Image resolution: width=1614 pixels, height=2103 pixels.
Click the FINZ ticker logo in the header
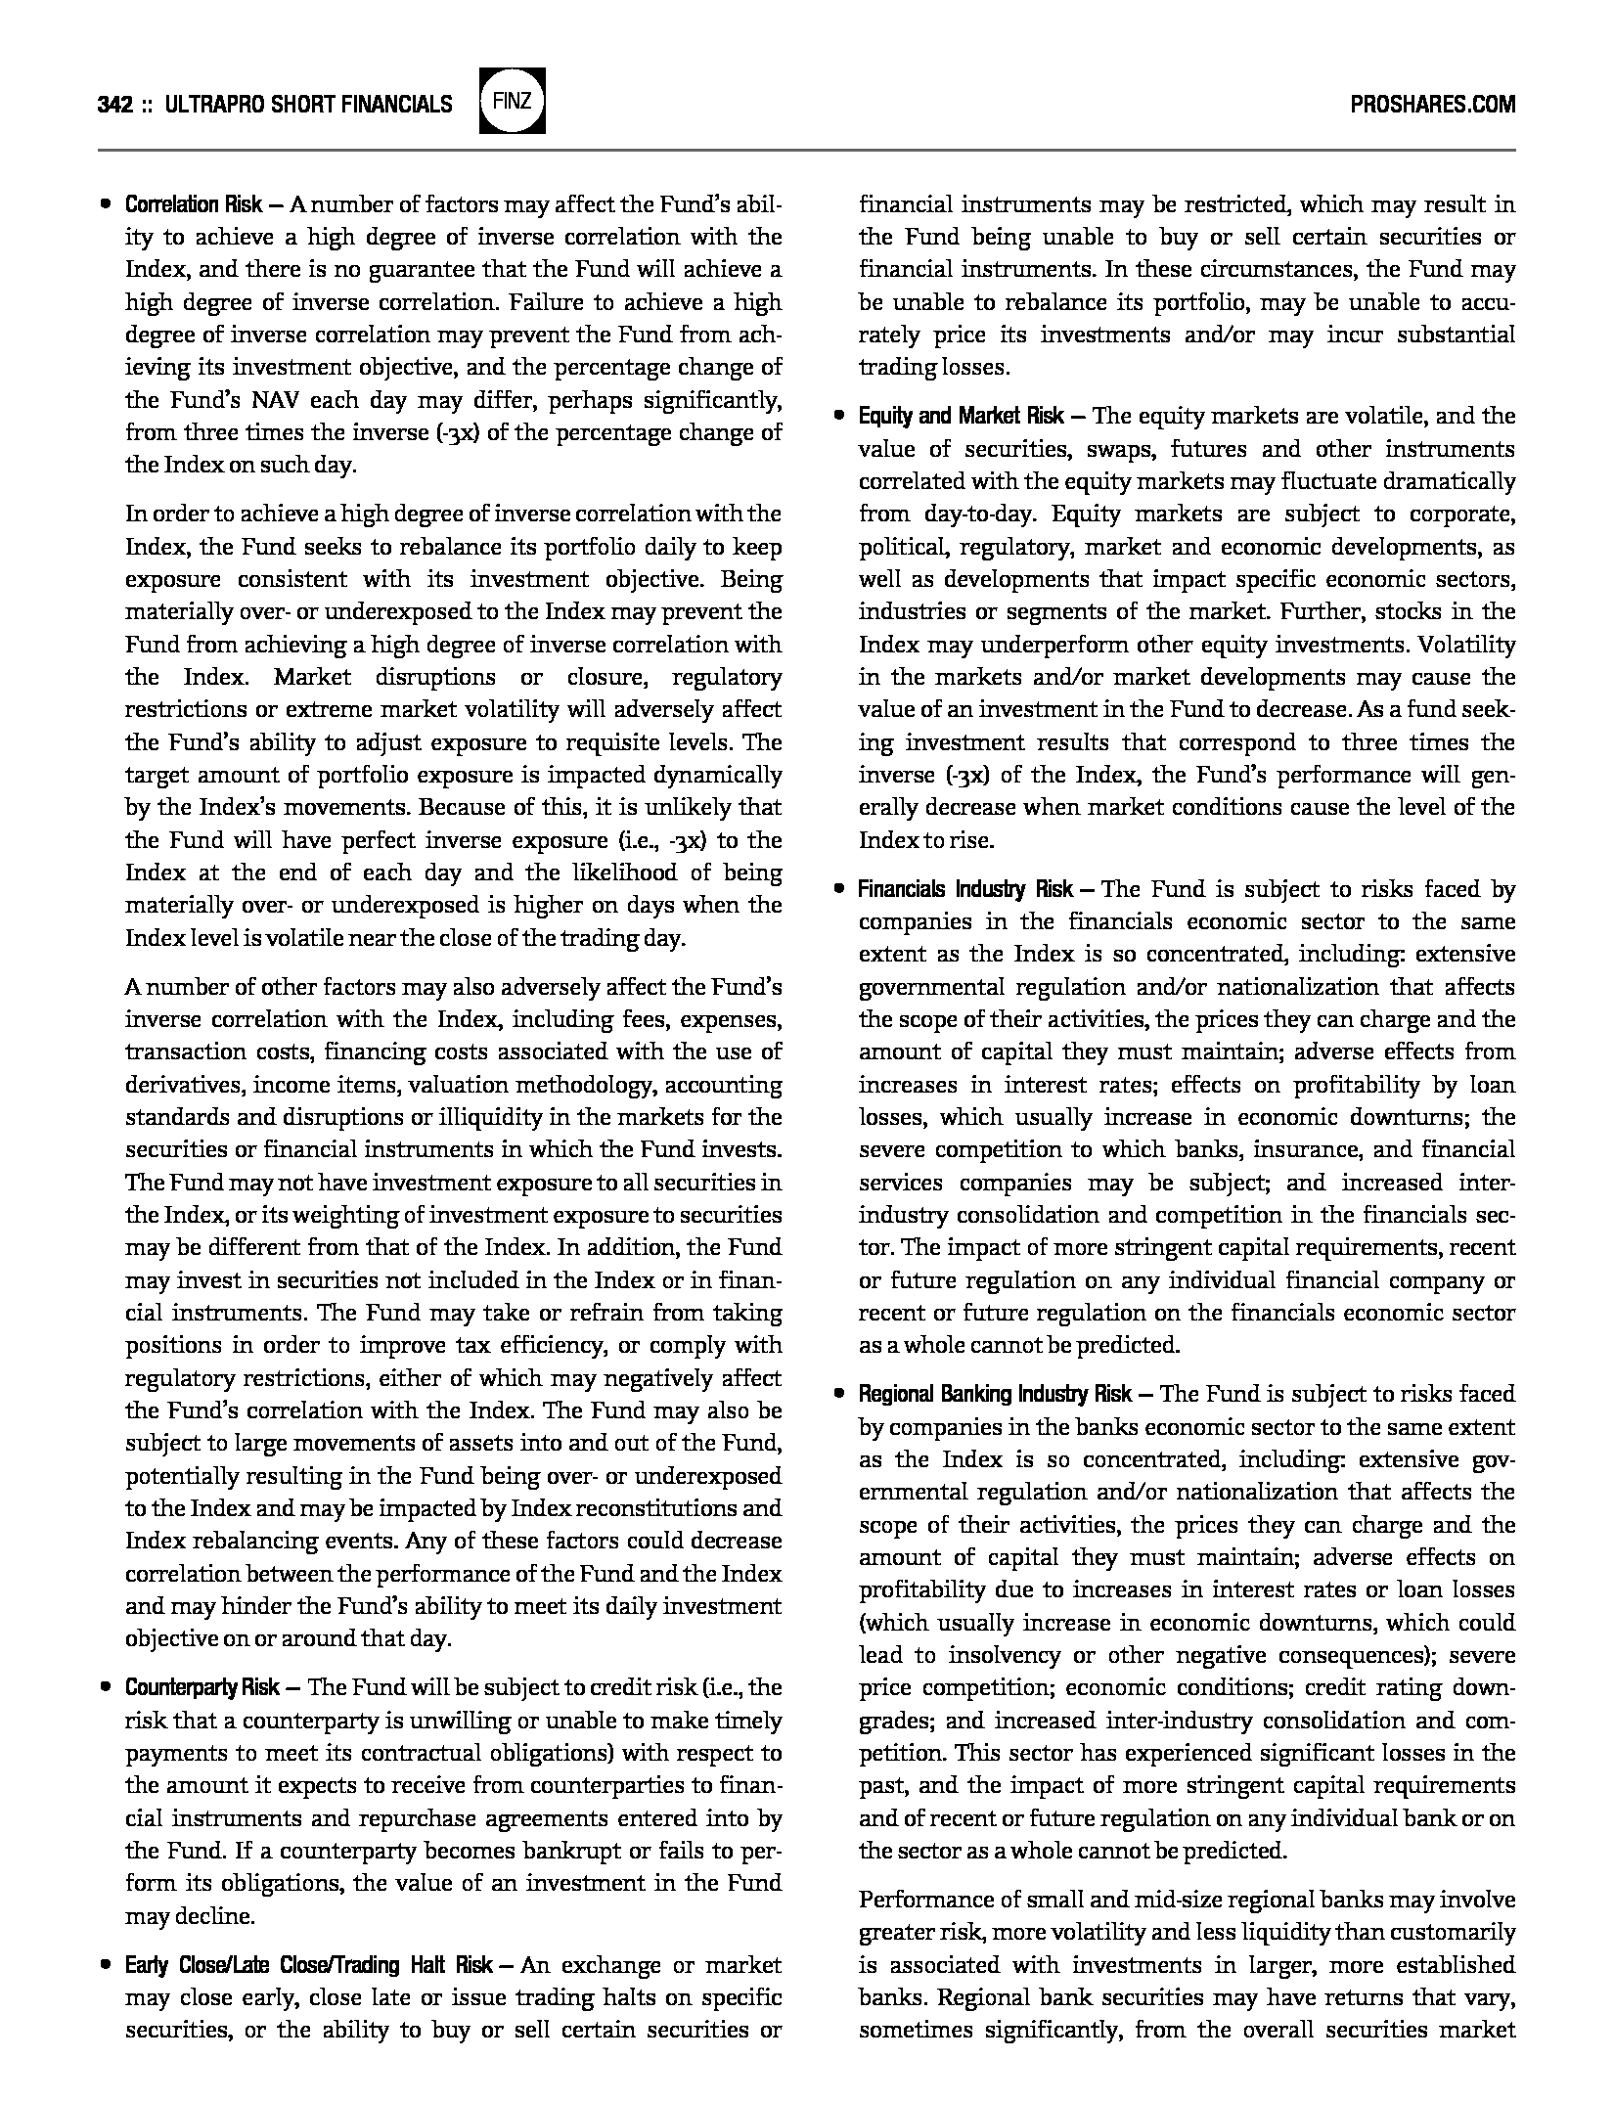click(513, 103)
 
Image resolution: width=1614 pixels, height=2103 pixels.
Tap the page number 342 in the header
click(115, 105)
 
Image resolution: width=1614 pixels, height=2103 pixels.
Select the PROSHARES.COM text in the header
click(1432, 105)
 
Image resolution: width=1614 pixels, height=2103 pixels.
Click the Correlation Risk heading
click(194, 204)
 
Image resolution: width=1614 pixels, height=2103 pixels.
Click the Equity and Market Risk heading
click(961, 417)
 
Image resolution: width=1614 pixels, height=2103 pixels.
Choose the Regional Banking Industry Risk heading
click(995, 1394)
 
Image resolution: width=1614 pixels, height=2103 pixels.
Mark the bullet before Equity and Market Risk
click(838, 417)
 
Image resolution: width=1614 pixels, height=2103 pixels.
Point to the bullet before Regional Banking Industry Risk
click(838, 1394)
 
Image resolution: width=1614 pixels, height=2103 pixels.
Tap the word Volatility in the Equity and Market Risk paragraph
click(1466, 645)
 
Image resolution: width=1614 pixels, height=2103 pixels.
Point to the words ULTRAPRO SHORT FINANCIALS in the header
click(309, 105)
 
